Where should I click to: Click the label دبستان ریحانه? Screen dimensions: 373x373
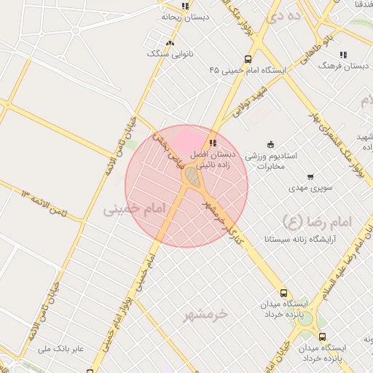point(186,16)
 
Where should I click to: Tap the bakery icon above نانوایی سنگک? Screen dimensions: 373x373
point(170,43)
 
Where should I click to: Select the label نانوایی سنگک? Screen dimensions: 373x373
point(170,54)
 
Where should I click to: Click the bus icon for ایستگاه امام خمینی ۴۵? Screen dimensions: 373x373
point(248,60)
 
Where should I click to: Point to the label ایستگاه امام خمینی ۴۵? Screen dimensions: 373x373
point(248,71)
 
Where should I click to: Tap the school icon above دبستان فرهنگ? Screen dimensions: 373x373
point(342,55)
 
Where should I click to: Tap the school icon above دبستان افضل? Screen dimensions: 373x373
point(213,143)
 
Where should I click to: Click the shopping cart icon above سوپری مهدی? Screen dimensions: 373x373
point(311,177)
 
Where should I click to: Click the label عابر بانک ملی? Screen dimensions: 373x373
point(61,349)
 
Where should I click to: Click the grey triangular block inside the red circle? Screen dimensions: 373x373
point(192,176)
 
